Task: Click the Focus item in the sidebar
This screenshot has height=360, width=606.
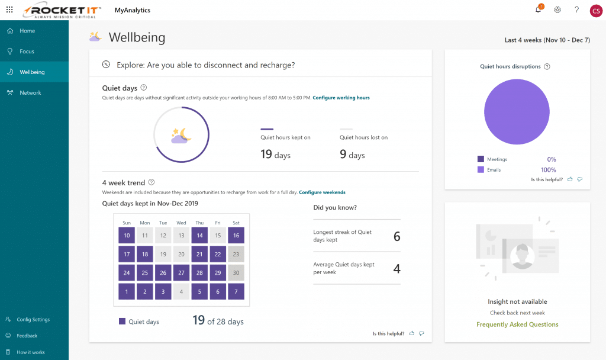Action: (27, 52)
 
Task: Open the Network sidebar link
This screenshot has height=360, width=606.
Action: (30, 93)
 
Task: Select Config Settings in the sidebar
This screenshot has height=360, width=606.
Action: (33, 319)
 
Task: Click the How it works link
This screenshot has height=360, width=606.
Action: (30, 352)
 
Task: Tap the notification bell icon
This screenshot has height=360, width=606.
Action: (538, 9)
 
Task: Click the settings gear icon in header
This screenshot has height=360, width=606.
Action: (557, 10)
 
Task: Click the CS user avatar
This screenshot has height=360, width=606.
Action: (595, 11)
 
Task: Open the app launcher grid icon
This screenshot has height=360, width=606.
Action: (9, 10)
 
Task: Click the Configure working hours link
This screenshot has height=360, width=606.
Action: (341, 98)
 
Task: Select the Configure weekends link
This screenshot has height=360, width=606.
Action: (322, 192)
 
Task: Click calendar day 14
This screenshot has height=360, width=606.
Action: (199, 236)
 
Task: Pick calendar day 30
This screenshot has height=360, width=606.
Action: (236, 273)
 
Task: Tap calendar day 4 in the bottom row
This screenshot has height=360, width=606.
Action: (181, 292)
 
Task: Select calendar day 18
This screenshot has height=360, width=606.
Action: (145, 255)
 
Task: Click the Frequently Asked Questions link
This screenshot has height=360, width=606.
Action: (517, 324)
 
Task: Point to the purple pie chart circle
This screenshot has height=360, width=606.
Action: (517, 112)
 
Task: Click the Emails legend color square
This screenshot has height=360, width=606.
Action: (481, 170)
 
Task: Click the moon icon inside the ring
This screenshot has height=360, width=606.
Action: (181, 136)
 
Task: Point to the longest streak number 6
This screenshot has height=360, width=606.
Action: (397, 237)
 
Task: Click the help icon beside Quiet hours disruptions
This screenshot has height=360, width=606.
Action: (547, 67)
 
